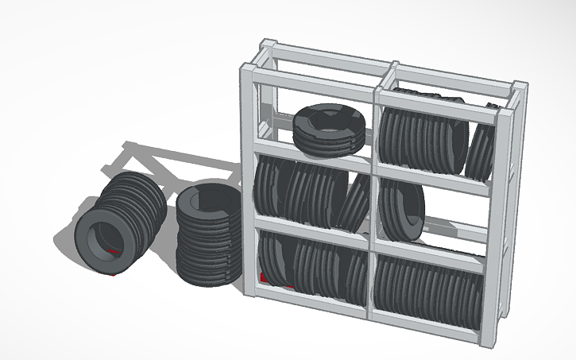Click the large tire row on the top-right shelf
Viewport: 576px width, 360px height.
coord(421,135)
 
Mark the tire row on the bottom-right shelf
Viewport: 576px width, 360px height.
coord(429,290)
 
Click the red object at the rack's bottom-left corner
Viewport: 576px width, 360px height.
coord(265,277)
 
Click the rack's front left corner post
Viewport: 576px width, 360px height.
coord(248,183)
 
